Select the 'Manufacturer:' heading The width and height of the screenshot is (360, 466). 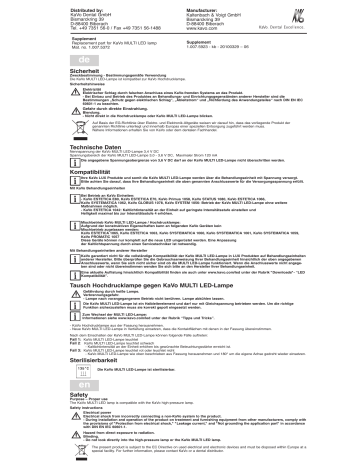click(207, 6)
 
